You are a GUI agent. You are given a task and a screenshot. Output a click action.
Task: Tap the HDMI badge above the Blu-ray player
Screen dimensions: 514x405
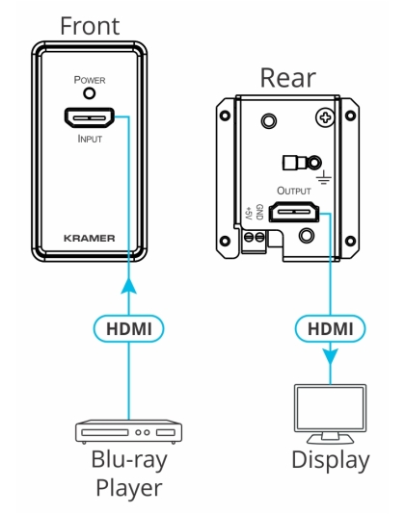[x=130, y=328]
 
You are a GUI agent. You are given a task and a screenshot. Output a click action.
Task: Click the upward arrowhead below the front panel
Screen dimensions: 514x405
[x=130, y=283]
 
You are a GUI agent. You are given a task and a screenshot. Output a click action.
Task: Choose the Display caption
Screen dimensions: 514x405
[x=330, y=460]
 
